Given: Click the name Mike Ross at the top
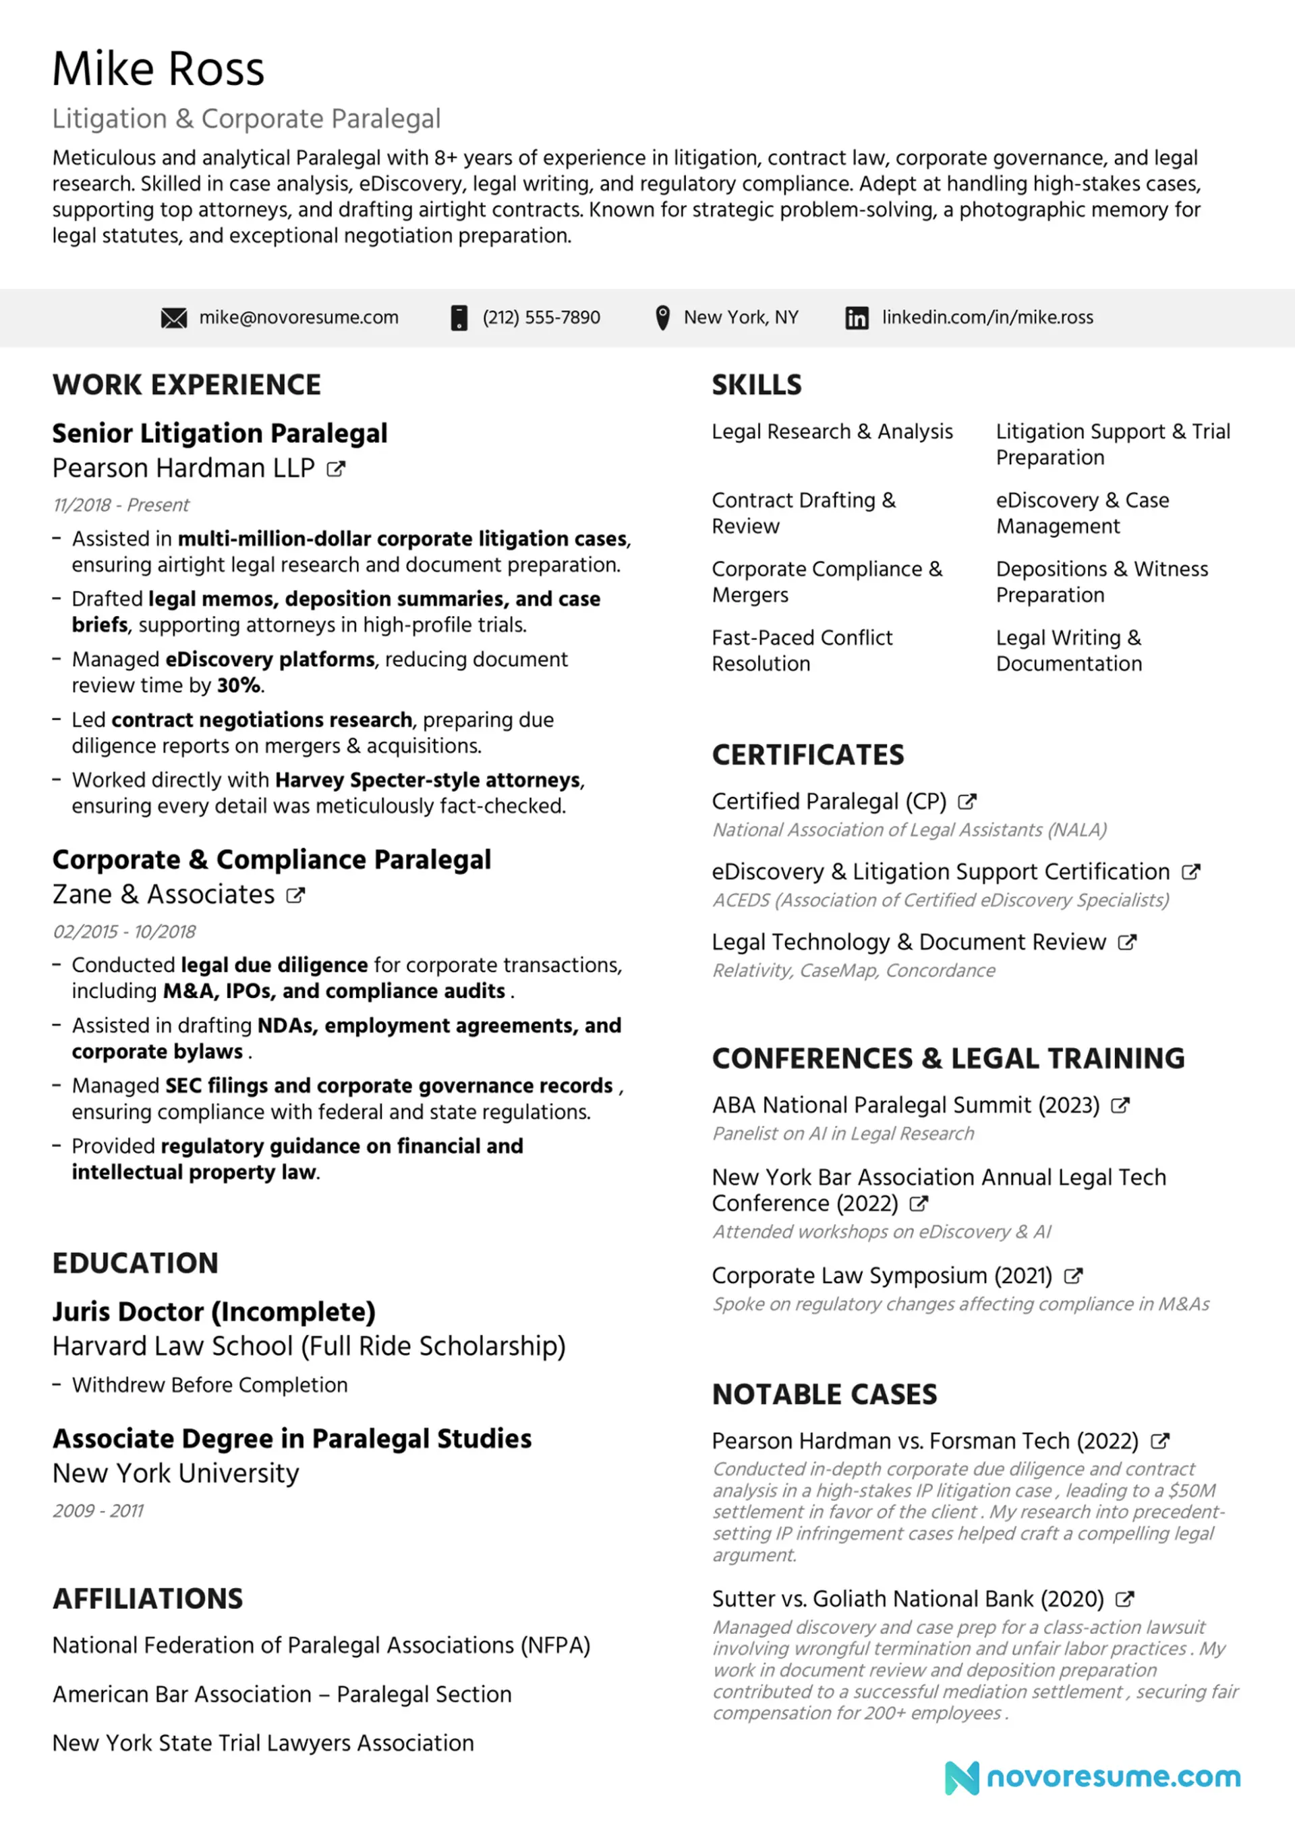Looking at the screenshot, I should (x=158, y=69).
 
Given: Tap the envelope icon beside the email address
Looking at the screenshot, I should (x=174, y=318).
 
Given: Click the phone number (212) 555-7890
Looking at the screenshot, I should (x=541, y=318).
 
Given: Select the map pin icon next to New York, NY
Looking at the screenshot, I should (x=662, y=318).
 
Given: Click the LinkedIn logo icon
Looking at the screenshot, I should (x=857, y=318).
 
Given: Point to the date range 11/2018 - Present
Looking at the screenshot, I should (x=121, y=505).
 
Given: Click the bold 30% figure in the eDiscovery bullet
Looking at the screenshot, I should (x=239, y=686).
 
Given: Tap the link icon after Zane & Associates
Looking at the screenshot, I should (x=296, y=895).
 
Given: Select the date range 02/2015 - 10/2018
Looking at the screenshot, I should (x=125, y=931).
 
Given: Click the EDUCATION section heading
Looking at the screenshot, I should (x=136, y=1263).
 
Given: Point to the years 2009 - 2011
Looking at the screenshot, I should (x=98, y=1510).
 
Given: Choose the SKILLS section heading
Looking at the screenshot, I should (x=756, y=385).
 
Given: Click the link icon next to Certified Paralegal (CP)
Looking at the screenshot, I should (x=967, y=802).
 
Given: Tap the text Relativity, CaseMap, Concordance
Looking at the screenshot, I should (x=854, y=970).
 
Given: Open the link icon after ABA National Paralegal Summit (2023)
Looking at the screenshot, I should (x=1120, y=1105).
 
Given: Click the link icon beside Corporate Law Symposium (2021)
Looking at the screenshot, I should (x=1074, y=1276).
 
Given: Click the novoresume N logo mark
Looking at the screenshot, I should (x=962, y=1778).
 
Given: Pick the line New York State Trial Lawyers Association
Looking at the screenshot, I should (x=263, y=1743).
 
